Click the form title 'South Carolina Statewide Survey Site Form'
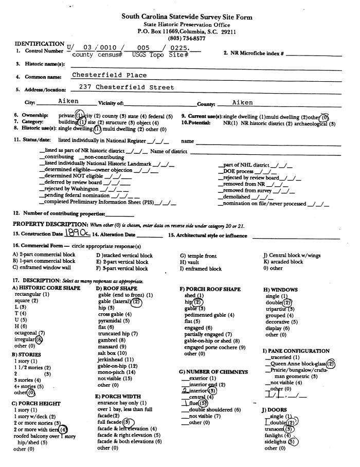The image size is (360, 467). (x=187, y=17)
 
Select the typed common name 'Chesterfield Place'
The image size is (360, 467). (x=109, y=75)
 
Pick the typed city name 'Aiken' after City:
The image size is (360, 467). (x=68, y=102)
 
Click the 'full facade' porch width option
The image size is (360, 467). (x=113, y=423)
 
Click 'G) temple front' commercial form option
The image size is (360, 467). (x=198, y=256)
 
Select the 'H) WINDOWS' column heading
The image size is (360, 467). (x=280, y=290)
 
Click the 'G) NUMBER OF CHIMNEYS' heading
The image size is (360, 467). (x=213, y=371)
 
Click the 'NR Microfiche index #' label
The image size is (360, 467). (x=253, y=53)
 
